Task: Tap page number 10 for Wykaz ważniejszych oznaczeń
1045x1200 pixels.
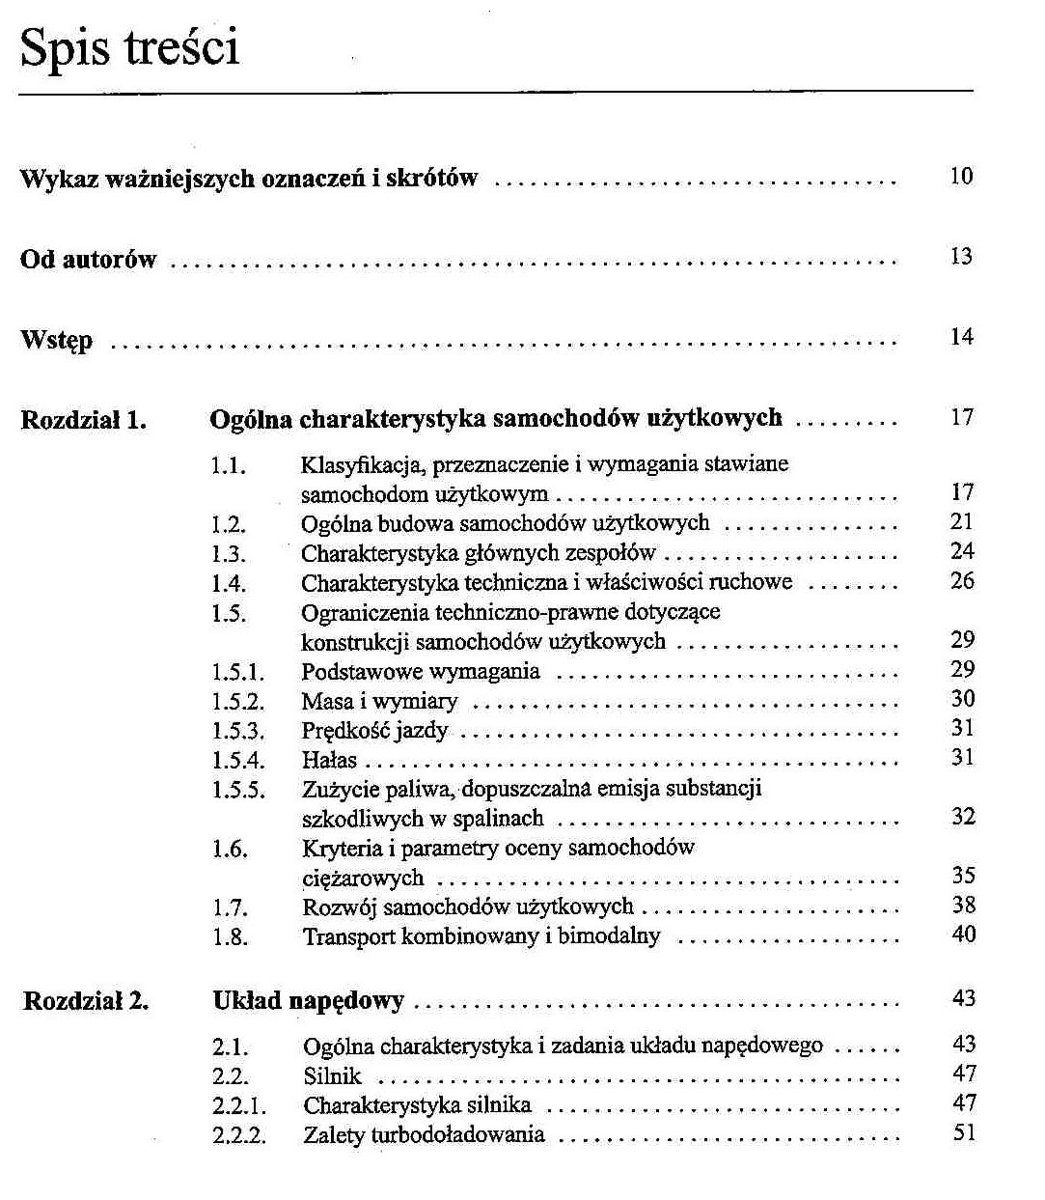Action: [961, 177]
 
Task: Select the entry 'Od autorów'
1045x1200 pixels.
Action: [88, 260]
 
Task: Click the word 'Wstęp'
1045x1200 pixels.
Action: [57, 341]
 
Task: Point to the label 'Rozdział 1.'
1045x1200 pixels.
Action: [83, 420]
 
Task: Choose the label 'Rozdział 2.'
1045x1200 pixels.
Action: [86, 1001]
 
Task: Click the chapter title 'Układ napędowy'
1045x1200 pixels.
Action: [308, 1001]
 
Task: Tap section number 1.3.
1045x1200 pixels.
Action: [229, 555]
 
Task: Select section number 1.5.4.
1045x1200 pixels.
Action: [237, 761]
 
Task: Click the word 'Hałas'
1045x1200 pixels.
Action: [329, 761]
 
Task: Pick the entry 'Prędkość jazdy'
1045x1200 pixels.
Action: [374, 731]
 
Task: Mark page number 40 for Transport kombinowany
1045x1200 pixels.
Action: [963, 935]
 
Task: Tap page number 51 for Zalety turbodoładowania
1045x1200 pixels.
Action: [964, 1132]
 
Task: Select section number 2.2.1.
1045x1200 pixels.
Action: [239, 1105]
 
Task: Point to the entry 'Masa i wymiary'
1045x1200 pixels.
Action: [379, 702]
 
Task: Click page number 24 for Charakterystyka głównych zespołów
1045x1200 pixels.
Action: [962, 551]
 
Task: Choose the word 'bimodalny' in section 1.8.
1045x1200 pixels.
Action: [609, 935]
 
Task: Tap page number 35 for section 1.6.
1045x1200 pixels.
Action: [963, 876]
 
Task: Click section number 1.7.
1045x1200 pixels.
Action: [230, 908]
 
